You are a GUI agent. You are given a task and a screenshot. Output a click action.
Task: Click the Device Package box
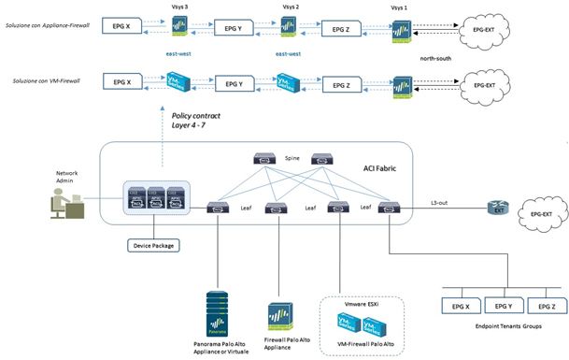coord(153,246)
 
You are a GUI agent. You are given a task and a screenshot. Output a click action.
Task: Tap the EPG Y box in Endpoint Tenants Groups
coord(504,306)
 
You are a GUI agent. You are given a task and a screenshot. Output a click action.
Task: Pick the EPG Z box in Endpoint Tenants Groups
coord(547,306)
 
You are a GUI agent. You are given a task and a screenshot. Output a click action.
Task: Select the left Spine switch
coord(264,160)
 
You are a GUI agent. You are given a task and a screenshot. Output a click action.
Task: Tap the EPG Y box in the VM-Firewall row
coord(235,83)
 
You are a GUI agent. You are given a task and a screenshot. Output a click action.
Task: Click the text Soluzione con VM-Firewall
coord(47,82)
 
